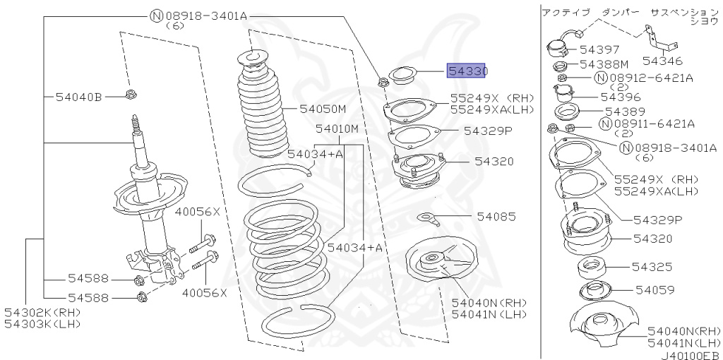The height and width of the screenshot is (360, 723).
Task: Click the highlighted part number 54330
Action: pyautogui.click(x=466, y=71)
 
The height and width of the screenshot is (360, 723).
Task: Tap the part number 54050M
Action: pyautogui.click(x=323, y=109)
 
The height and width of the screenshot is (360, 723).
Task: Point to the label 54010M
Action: pyautogui.click(x=337, y=129)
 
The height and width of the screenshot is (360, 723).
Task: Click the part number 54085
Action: pyautogui.click(x=496, y=216)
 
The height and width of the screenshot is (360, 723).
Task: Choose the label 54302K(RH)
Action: pyautogui.click(x=42, y=312)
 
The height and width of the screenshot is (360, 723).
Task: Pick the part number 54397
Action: pyautogui.click(x=599, y=50)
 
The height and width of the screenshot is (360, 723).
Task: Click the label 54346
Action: pyautogui.click(x=662, y=62)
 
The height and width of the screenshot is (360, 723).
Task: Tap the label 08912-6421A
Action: pyautogui.click(x=651, y=77)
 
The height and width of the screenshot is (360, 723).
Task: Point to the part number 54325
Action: pyautogui.click(x=651, y=267)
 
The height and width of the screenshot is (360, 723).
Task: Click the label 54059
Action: pyautogui.click(x=654, y=289)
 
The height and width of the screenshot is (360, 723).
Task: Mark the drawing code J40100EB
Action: pyautogui.click(x=690, y=355)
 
